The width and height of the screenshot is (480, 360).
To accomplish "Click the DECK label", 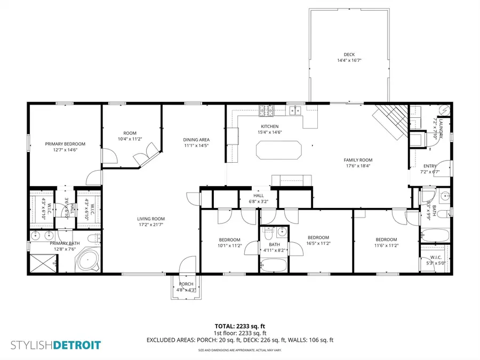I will click(349, 54).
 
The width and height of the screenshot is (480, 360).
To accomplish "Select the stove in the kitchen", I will click(265, 110).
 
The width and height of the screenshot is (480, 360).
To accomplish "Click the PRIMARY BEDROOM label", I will click(65, 144).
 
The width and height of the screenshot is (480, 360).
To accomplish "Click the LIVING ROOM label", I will click(151, 219).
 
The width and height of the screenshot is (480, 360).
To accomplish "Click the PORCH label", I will click(186, 284).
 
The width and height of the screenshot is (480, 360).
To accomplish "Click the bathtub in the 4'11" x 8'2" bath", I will click(274, 265).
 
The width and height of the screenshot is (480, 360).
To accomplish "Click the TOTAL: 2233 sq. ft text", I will click(240, 326).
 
